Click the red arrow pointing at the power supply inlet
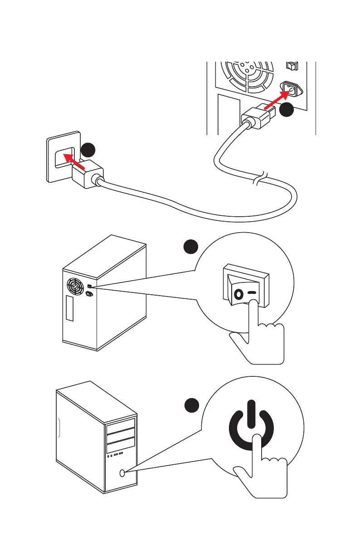pos(277,101)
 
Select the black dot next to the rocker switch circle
pos(190,247)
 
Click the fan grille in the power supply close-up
pos(247,73)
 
